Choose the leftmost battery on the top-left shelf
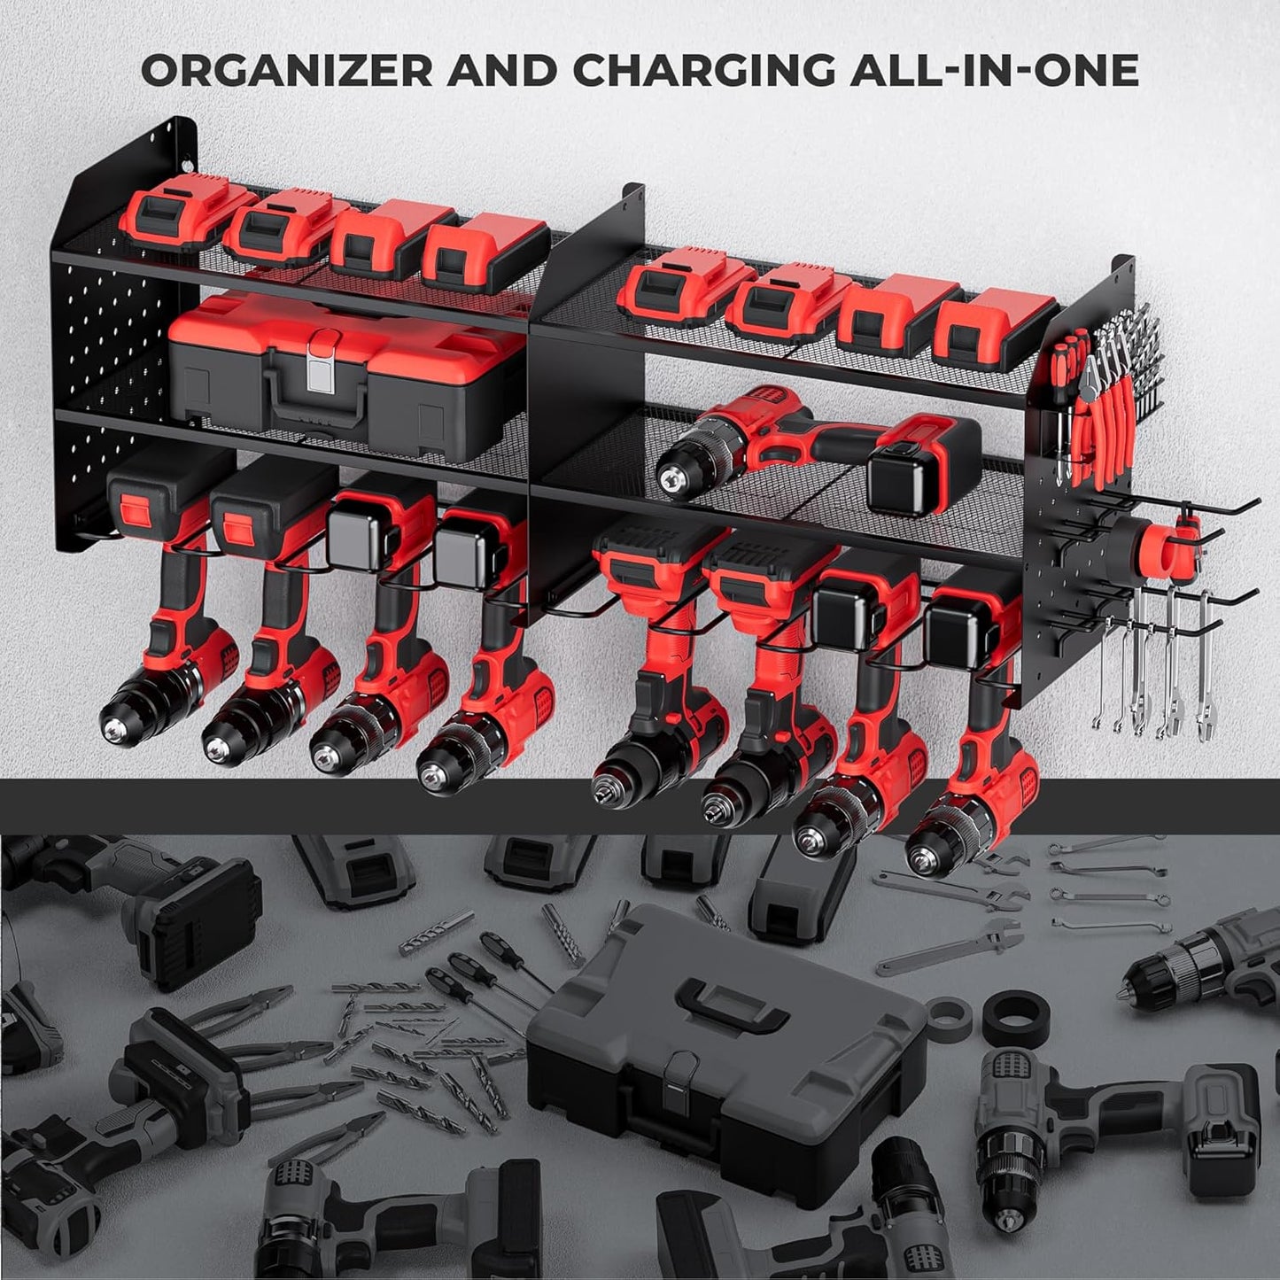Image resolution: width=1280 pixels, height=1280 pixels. (168, 217)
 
